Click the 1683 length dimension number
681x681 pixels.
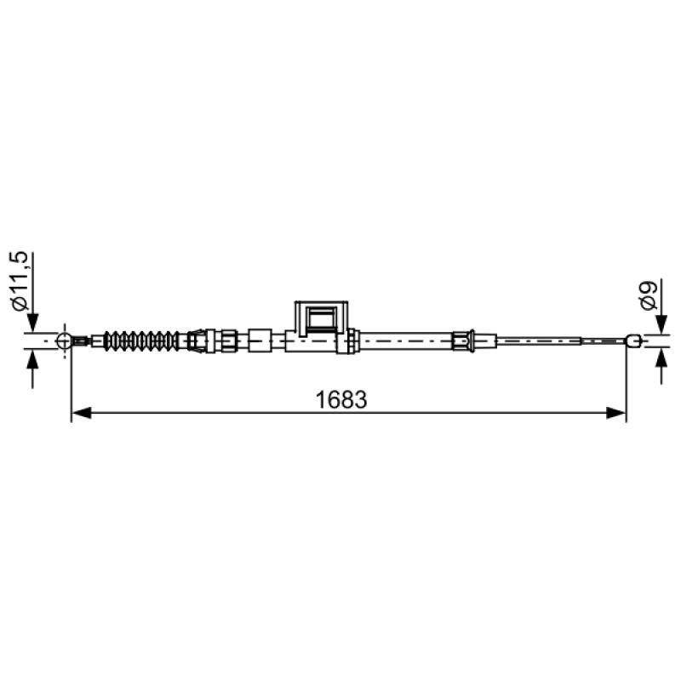pyautogui.click(x=341, y=399)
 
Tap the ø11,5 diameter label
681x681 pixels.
pyautogui.click(x=20, y=281)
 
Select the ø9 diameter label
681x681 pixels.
pyautogui.click(x=649, y=295)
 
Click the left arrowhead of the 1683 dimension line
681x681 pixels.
pyautogui.click(x=81, y=413)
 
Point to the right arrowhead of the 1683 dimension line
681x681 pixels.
pyautogui.click(x=615, y=413)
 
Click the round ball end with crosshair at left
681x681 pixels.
pyautogui.click(x=65, y=341)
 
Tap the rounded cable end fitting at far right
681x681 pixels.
pyautogui.click(x=633, y=340)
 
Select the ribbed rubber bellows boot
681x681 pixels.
pyautogui.click(x=141, y=341)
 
